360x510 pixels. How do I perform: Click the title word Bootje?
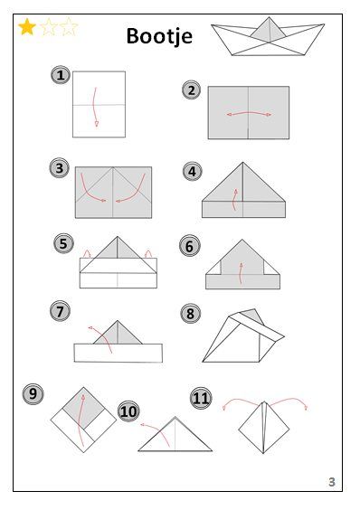point(159,36)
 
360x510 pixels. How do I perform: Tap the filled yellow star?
point(27,26)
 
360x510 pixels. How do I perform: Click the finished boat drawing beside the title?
point(268,36)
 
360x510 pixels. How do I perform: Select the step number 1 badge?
point(61,75)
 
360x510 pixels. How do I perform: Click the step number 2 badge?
point(192,90)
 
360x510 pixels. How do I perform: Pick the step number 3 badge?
point(59,168)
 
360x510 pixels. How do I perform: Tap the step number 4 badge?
point(193,171)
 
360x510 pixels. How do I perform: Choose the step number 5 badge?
point(63,243)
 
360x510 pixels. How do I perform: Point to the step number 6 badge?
point(189,246)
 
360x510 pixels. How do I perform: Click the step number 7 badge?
point(60,311)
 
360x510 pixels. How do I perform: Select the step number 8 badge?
point(191,314)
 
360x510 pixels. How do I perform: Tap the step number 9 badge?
point(33,394)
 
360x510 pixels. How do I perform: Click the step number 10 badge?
point(128,411)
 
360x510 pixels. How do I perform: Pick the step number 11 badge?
point(201,398)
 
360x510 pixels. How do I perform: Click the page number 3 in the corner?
point(332,482)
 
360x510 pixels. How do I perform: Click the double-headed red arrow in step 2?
point(249,113)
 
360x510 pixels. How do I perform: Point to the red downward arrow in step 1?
point(94,107)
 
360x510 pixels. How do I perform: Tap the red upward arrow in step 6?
point(240,273)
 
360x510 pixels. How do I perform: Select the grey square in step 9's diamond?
point(83,408)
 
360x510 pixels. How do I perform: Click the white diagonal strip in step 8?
point(257,326)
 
